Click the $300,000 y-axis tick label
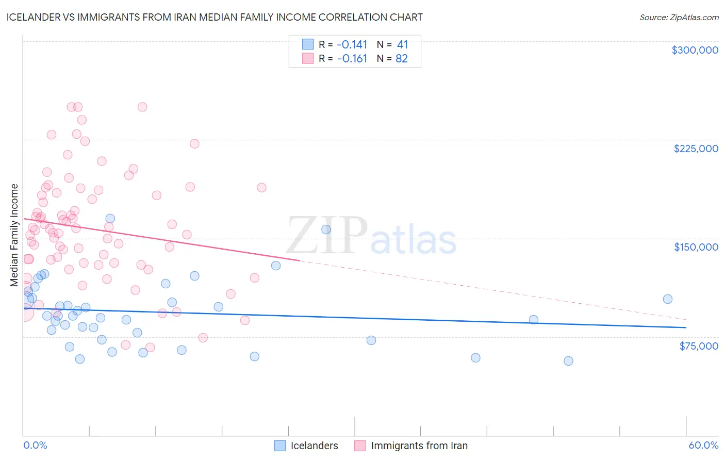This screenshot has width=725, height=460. [x=695, y=50]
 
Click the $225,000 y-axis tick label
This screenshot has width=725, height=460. [x=696, y=149]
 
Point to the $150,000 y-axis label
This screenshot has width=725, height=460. [x=696, y=247]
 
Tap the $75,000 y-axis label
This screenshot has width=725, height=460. [x=698, y=346]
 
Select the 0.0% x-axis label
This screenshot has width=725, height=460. [x=35, y=445]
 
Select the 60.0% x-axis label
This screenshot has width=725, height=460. [x=703, y=445]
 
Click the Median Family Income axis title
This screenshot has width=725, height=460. [x=14, y=235]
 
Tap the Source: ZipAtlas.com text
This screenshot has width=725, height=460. [x=679, y=17]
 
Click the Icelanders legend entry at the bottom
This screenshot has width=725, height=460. [x=314, y=446]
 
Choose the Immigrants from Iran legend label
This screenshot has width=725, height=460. [x=419, y=446]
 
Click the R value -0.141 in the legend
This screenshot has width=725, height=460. [x=352, y=45]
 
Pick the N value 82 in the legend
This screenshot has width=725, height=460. [x=402, y=59]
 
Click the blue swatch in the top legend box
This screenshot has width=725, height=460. [x=308, y=45]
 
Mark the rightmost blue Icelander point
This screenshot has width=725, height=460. [x=667, y=299]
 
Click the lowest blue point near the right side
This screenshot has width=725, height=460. [x=568, y=361]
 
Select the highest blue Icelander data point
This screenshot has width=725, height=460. [x=110, y=219]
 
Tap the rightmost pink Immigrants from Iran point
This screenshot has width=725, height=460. [x=261, y=188]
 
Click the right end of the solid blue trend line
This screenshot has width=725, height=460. [x=686, y=327]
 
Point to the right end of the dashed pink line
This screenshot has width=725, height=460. [x=686, y=320]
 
